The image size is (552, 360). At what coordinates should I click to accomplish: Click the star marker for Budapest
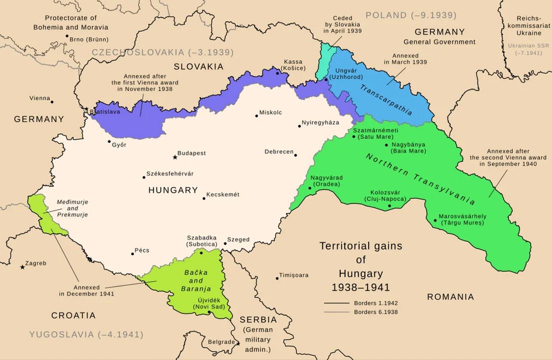pyautogui.click(x=175, y=157)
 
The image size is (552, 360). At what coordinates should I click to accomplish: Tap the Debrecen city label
pyautogui.click(x=279, y=151)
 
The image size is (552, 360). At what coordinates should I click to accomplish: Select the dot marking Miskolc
pyautogui.click(x=257, y=115)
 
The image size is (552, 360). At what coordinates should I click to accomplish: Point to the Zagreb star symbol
pyautogui.click(x=22, y=267)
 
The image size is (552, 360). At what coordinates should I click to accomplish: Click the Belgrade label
pyautogui.click(x=220, y=342)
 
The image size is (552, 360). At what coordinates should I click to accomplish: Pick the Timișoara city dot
pyautogui.click(x=277, y=278)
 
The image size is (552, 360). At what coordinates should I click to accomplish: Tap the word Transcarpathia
pyautogui.click(x=386, y=100)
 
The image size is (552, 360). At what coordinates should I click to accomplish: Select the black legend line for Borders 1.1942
pyautogui.click(x=336, y=303)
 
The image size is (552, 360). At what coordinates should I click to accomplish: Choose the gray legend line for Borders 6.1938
pyautogui.click(x=336, y=312)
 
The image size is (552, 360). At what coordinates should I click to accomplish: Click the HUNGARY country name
pyautogui.click(x=173, y=190)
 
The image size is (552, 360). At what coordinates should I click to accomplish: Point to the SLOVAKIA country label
pyautogui.click(x=198, y=66)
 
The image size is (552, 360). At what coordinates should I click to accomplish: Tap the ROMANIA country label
pyautogui.click(x=450, y=297)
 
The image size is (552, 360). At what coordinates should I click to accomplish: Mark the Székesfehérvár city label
pyautogui.click(x=170, y=174)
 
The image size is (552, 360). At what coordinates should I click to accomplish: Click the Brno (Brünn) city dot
pyautogui.click(x=67, y=36)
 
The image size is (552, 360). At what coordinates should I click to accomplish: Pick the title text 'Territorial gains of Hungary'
pyautogui.click(x=361, y=266)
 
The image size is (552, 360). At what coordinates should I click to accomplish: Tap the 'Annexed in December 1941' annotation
pyautogui.click(x=86, y=290)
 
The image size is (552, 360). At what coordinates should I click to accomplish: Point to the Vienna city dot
pyautogui.click(x=52, y=101)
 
